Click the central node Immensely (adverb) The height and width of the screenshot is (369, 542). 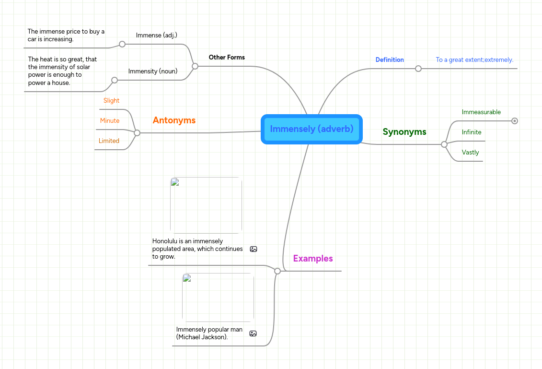pos(311,129)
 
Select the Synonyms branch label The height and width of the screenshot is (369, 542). pos(404,132)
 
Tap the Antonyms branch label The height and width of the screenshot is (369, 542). pos(174,120)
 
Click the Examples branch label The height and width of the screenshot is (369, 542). pos(313,259)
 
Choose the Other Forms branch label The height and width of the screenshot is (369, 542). pos(227,58)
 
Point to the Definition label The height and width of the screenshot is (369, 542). pos(390,60)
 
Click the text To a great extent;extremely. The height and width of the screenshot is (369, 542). pos(474,60)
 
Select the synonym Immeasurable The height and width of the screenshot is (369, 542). pos(481,112)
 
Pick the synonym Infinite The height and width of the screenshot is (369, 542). pos(472,132)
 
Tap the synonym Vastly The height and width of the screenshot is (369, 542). pos(470,153)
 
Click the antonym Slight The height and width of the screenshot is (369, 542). pos(111,101)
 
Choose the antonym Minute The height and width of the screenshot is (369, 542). pos(110,121)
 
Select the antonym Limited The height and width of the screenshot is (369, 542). pos(109,141)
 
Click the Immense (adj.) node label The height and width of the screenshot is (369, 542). pos(157,36)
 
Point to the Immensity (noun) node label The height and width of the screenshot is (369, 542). pos(153,71)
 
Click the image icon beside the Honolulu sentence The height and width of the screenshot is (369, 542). pos(254,249)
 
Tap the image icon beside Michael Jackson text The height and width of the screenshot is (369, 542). pos(253,333)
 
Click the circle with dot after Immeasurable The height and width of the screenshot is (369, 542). pos(515,121)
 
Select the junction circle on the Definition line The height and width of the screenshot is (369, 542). pos(418,69)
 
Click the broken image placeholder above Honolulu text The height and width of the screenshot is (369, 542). pos(206,205)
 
